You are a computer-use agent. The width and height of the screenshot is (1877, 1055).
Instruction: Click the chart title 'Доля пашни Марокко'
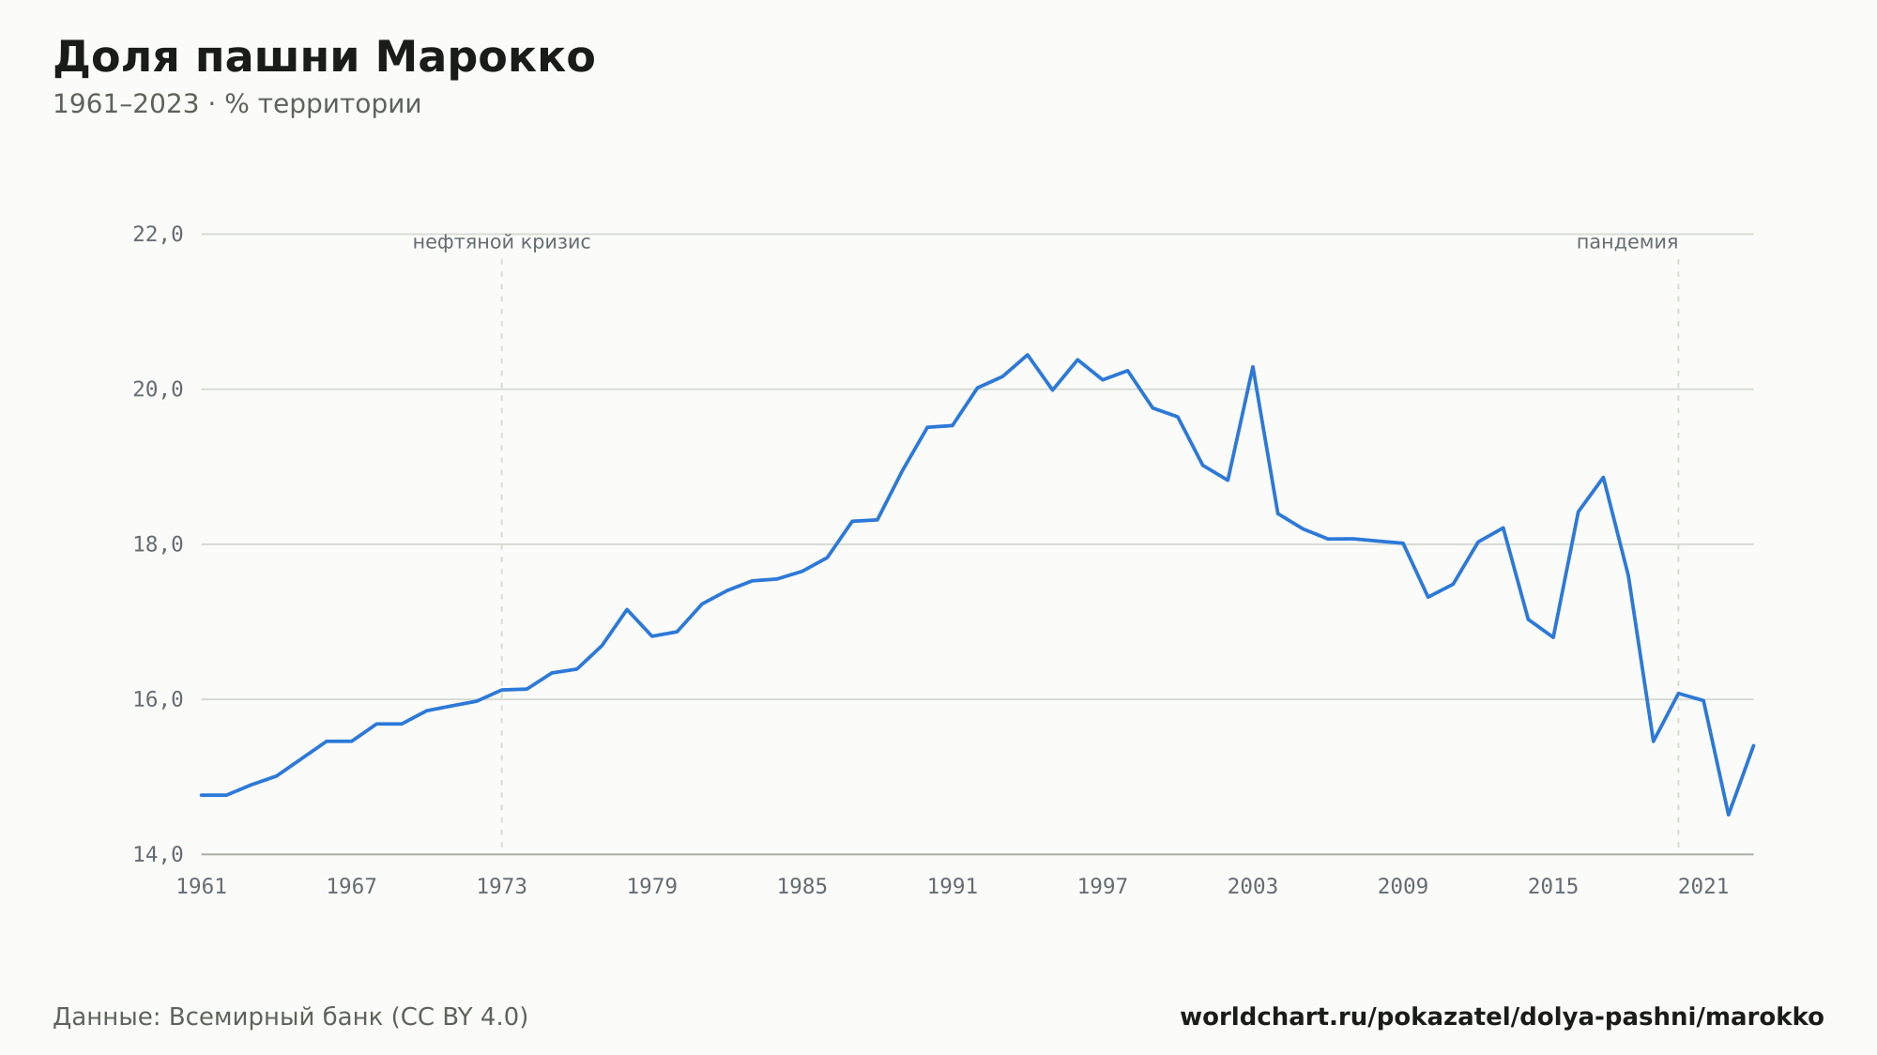(324, 57)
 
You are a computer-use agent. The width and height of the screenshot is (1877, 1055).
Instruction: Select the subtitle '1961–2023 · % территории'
(237, 104)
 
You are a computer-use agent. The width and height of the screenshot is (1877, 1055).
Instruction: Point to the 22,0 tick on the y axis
(158, 235)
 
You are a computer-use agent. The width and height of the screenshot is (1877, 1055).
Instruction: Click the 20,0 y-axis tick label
(158, 390)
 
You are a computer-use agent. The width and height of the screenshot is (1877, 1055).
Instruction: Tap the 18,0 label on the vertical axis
(158, 544)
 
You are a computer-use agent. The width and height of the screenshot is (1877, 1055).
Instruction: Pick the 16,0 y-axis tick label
(158, 699)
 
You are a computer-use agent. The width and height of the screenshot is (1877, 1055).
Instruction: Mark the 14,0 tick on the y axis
(158, 854)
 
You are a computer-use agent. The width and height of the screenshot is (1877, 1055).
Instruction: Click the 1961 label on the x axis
(202, 887)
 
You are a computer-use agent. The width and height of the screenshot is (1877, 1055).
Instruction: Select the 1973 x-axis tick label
(502, 887)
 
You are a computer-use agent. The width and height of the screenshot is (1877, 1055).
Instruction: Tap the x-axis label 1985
(802, 887)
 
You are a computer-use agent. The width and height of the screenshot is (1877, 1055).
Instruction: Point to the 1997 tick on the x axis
(1103, 887)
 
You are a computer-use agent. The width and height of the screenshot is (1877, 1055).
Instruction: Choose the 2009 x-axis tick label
(1403, 887)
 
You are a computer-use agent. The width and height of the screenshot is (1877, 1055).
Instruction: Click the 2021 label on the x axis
(1703, 887)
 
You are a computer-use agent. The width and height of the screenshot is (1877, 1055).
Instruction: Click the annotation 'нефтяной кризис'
(502, 242)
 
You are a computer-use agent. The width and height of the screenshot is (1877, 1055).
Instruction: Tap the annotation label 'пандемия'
(1627, 242)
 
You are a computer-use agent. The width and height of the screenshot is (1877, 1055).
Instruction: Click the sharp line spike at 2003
(1253, 366)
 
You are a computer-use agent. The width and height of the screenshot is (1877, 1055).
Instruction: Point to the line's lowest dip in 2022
(1729, 815)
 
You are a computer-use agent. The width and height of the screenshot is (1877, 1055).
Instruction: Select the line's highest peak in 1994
(1028, 355)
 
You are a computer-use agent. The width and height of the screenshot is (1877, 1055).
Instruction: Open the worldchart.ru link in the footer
(1502, 1017)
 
